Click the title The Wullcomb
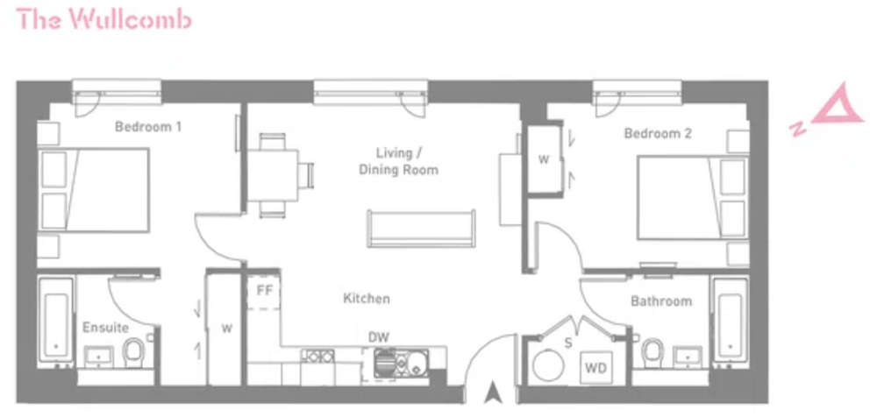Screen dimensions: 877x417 pyautogui.click(x=104, y=19)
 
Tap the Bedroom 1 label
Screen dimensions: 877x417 pyautogui.click(x=147, y=127)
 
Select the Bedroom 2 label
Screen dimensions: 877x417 pyautogui.click(x=658, y=133)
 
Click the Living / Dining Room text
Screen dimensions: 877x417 pyautogui.click(x=398, y=161)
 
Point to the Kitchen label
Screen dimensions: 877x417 pyautogui.click(x=367, y=299)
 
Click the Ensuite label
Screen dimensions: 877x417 pyautogui.click(x=106, y=327)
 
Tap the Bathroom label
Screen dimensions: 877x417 pyautogui.click(x=661, y=301)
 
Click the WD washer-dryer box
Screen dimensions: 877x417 pyautogui.click(x=595, y=368)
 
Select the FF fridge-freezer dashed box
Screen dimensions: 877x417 pyautogui.click(x=263, y=292)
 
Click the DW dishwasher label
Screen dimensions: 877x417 pyautogui.click(x=379, y=337)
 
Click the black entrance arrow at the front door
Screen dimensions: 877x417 pyautogui.click(x=492, y=392)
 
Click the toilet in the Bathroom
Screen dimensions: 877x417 pyautogui.click(x=652, y=353)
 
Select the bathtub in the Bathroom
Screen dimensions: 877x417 pyautogui.click(x=731, y=322)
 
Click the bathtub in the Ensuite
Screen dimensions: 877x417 pyautogui.click(x=56, y=322)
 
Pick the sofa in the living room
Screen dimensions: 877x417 pyautogui.click(x=422, y=229)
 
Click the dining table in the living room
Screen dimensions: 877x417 pyautogui.click(x=273, y=175)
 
